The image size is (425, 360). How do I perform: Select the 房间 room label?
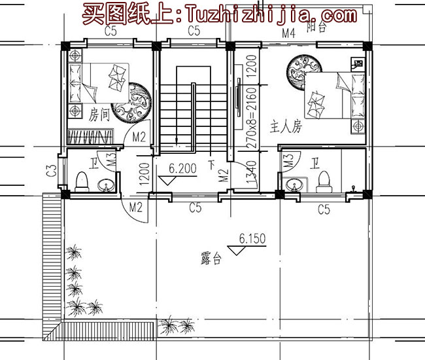(x=99, y=115)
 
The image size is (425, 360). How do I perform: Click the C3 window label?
(x=50, y=172)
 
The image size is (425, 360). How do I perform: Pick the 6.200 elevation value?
(x=182, y=168)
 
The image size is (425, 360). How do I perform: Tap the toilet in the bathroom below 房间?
(x=81, y=180)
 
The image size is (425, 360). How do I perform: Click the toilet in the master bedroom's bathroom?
(x=322, y=179)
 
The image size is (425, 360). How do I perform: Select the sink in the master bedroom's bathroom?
(x=295, y=185)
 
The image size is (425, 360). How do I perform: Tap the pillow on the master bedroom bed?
(x=316, y=103)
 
